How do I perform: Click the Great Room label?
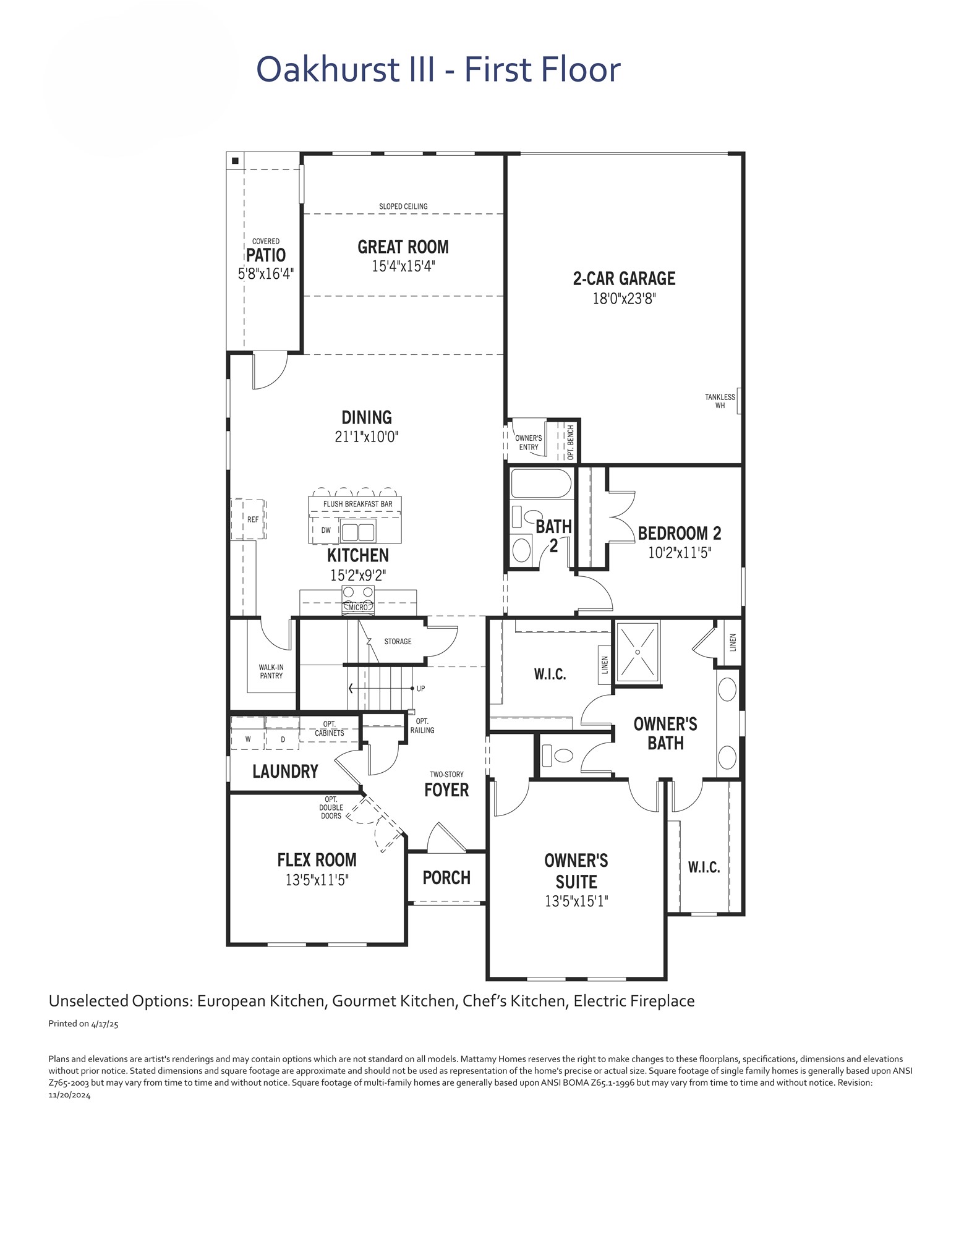(403, 247)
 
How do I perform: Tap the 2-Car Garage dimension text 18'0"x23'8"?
(624, 299)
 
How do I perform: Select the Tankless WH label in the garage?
(720, 401)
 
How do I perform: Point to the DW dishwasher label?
(326, 530)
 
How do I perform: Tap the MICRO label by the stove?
(358, 608)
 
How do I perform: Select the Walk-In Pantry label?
(271, 671)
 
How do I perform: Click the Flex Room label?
(317, 860)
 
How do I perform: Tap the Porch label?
(446, 878)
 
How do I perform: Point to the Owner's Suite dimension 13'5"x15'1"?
(576, 901)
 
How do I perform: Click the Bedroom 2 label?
(680, 533)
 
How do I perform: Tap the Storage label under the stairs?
(398, 641)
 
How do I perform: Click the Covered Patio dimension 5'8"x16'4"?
(266, 273)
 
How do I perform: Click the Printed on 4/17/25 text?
(83, 1023)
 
